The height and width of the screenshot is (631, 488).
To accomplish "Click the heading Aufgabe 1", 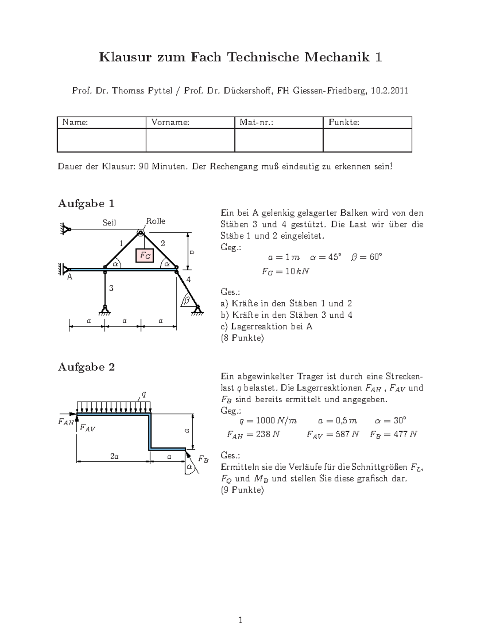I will click(x=86, y=204).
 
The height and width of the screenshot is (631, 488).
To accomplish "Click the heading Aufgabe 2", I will click(x=86, y=367).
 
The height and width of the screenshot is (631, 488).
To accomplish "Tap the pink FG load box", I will click(x=145, y=256).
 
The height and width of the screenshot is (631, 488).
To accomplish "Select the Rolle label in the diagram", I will click(x=155, y=221).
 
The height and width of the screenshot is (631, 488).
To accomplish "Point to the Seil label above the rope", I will click(x=109, y=223).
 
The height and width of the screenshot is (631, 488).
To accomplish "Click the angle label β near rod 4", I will click(x=187, y=300).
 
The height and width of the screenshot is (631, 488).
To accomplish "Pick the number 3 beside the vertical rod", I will click(x=111, y=288).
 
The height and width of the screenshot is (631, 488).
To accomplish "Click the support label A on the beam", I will click(x=70, y=277).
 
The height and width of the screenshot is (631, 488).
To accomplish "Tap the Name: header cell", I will click(x=75, y=122).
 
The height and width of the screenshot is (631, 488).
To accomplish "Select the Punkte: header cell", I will click(x=344, y=122).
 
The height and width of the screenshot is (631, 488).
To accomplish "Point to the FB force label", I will click(x=203, y=460).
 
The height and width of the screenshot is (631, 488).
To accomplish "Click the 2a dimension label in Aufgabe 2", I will click(x=114, y=457).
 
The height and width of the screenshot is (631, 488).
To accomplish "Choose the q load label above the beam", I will click(x=143, y=393).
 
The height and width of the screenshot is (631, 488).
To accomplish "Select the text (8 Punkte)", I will click(x=242, y=338).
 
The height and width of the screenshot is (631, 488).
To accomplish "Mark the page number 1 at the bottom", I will click(x=241, y=620).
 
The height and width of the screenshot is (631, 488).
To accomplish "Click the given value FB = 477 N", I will click(x=393, y=434).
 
